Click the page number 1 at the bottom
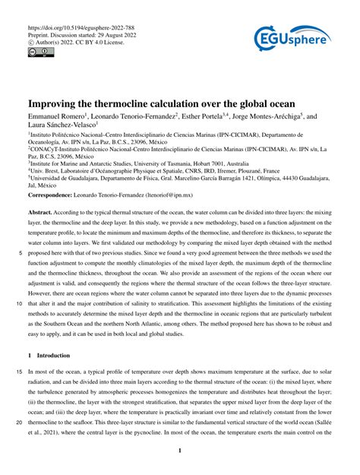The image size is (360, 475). click(x=179, y=451)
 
